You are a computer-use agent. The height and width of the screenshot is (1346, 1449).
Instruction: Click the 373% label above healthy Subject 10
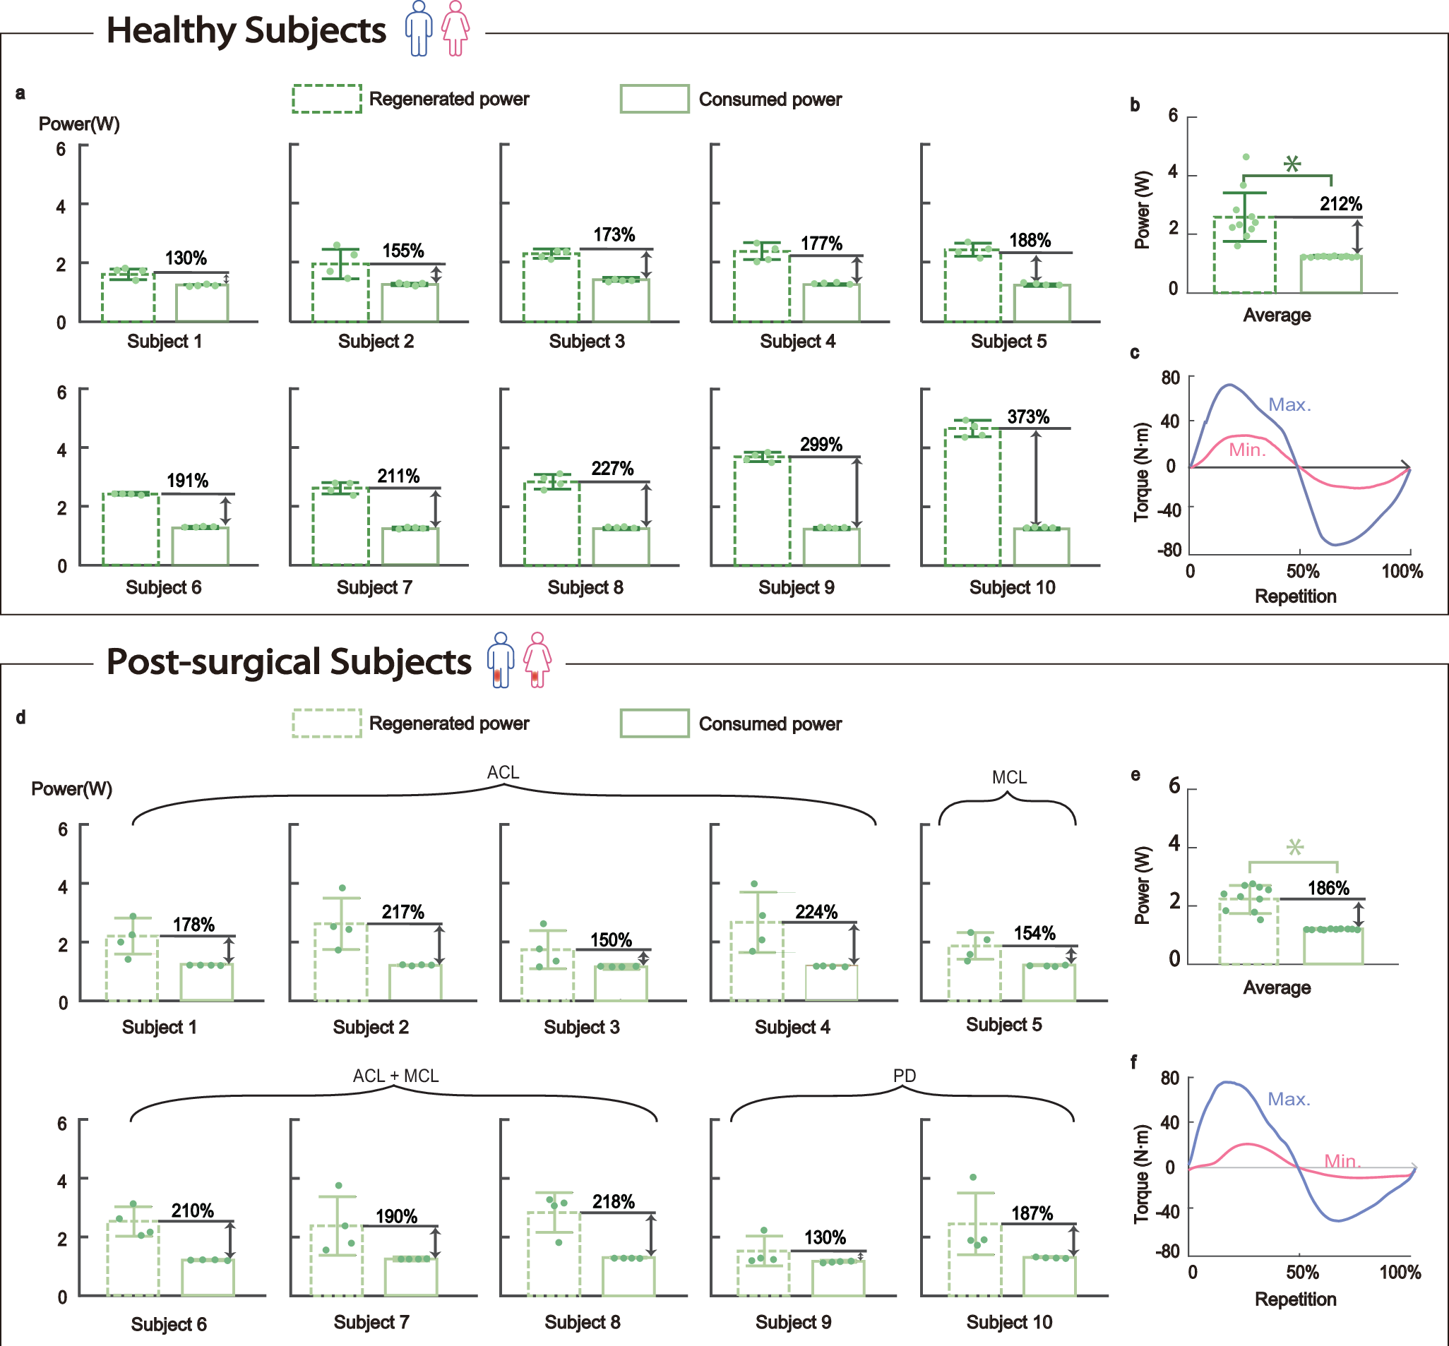tap(1028, 416)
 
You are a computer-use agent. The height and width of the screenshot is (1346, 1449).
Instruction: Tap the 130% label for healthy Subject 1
tap(185, 258)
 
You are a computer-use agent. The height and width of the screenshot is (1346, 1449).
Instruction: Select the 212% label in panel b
tap(1340, 204)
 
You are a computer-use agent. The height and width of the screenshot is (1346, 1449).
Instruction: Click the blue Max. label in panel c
tap(1289, 404)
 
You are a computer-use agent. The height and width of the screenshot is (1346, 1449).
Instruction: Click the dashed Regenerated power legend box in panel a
tap(326, 98)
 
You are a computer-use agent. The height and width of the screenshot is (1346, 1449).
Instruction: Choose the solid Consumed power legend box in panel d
tap(654, 723)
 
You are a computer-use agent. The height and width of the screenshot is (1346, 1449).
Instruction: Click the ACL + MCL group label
tap(395, 1076)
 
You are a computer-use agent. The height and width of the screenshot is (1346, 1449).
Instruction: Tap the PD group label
tap(904, 1076)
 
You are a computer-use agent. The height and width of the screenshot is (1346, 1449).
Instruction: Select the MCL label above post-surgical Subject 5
tap(1009, 777)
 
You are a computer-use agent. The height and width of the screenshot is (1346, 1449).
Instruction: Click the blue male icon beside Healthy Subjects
tap(418, 28)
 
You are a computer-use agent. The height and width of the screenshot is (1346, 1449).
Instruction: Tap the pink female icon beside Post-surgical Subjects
tap(537, 660)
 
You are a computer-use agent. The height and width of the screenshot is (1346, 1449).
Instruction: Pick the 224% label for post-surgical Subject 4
tap(816, 912)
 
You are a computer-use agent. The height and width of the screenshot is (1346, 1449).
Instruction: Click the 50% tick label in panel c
tap(1302, 571)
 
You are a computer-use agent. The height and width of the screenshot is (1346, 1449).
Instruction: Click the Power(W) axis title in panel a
tap(78, 124)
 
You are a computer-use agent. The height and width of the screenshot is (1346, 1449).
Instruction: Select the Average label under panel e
tap(1276, 987)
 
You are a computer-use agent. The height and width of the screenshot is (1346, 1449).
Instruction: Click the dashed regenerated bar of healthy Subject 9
tap(761, 510)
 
